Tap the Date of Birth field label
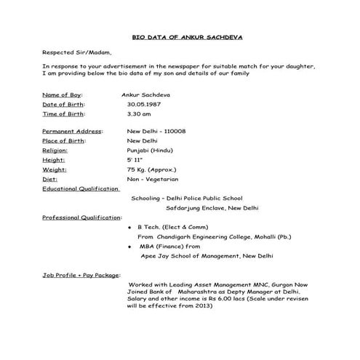tap(63, 104)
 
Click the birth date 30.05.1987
tap(143, 104)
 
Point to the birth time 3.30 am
tap(139, 114)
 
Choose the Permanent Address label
tap(72, 131)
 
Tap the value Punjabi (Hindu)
tap(150, 150)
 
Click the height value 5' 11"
tap(135, 159)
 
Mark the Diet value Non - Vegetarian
tap(152, 178)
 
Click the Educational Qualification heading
tap(80, 188)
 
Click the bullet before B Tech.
tap(129, 227)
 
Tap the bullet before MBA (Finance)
tap(129, 247)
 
